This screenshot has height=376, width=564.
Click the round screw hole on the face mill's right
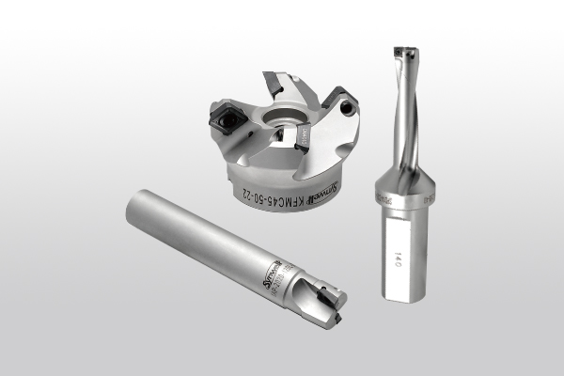pos(350,110)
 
